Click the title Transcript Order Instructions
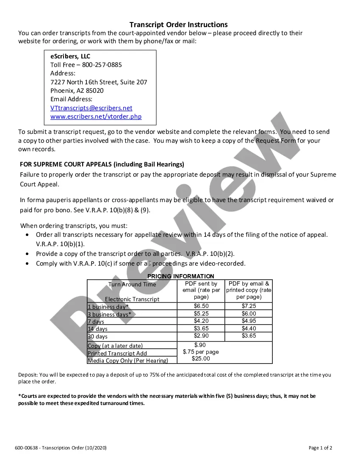[178, 25]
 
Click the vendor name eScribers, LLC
[70, 56]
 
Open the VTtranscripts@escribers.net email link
[91, 108]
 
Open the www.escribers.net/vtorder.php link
[96, 116]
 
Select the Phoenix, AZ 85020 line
[77, 91]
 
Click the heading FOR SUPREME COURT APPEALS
[102, 164]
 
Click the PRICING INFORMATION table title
[181, 276]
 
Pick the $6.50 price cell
[201, 306]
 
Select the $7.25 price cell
[249, 306]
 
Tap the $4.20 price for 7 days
[201, 321]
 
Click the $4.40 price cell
[249, 328]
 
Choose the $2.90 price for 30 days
[201, 336]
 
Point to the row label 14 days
[97, 329]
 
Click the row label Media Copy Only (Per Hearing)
[127, 361]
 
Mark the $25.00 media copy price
[201, 359]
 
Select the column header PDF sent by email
[201, 290]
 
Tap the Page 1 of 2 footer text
[320, 448]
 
